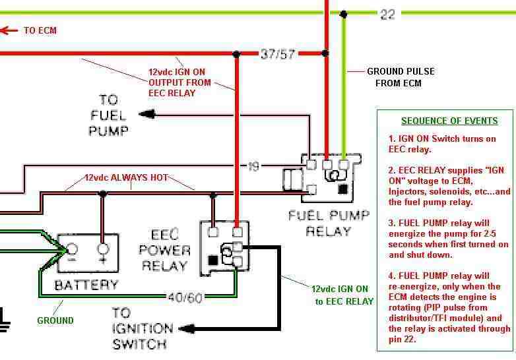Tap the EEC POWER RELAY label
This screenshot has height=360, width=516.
pos(166,250)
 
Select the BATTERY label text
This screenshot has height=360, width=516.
pos(86,285)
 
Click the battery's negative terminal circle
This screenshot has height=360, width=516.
pos(72,249)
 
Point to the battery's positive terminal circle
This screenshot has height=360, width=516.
pos(102,249)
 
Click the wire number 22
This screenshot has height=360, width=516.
pos(387,13)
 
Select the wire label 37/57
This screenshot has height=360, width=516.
pos(276,53)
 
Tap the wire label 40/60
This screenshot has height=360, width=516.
pos(185,297)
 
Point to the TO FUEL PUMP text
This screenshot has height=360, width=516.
pos(108,115)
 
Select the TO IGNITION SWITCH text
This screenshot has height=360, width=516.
pos(143,328)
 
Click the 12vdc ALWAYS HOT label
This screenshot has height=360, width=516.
pos(126,177)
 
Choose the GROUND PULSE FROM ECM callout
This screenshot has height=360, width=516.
pos(401,76)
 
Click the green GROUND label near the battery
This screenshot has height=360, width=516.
pos(55,320)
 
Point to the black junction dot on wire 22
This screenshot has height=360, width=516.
pos(342,13)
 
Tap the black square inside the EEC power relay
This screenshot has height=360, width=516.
pos(212,261)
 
